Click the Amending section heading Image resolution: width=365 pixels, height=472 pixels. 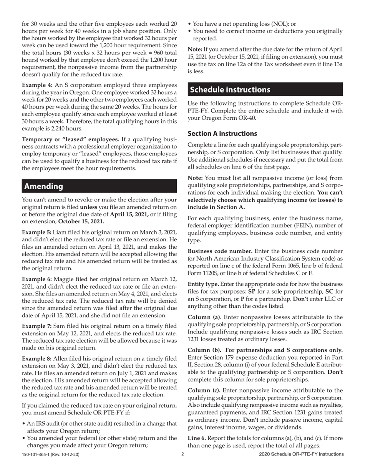pos(43,186)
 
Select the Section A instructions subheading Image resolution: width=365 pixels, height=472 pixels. pos(222,134)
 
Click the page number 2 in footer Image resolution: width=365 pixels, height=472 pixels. pos(183,454)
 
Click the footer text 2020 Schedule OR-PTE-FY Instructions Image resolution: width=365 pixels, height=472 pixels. pos(301,454)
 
